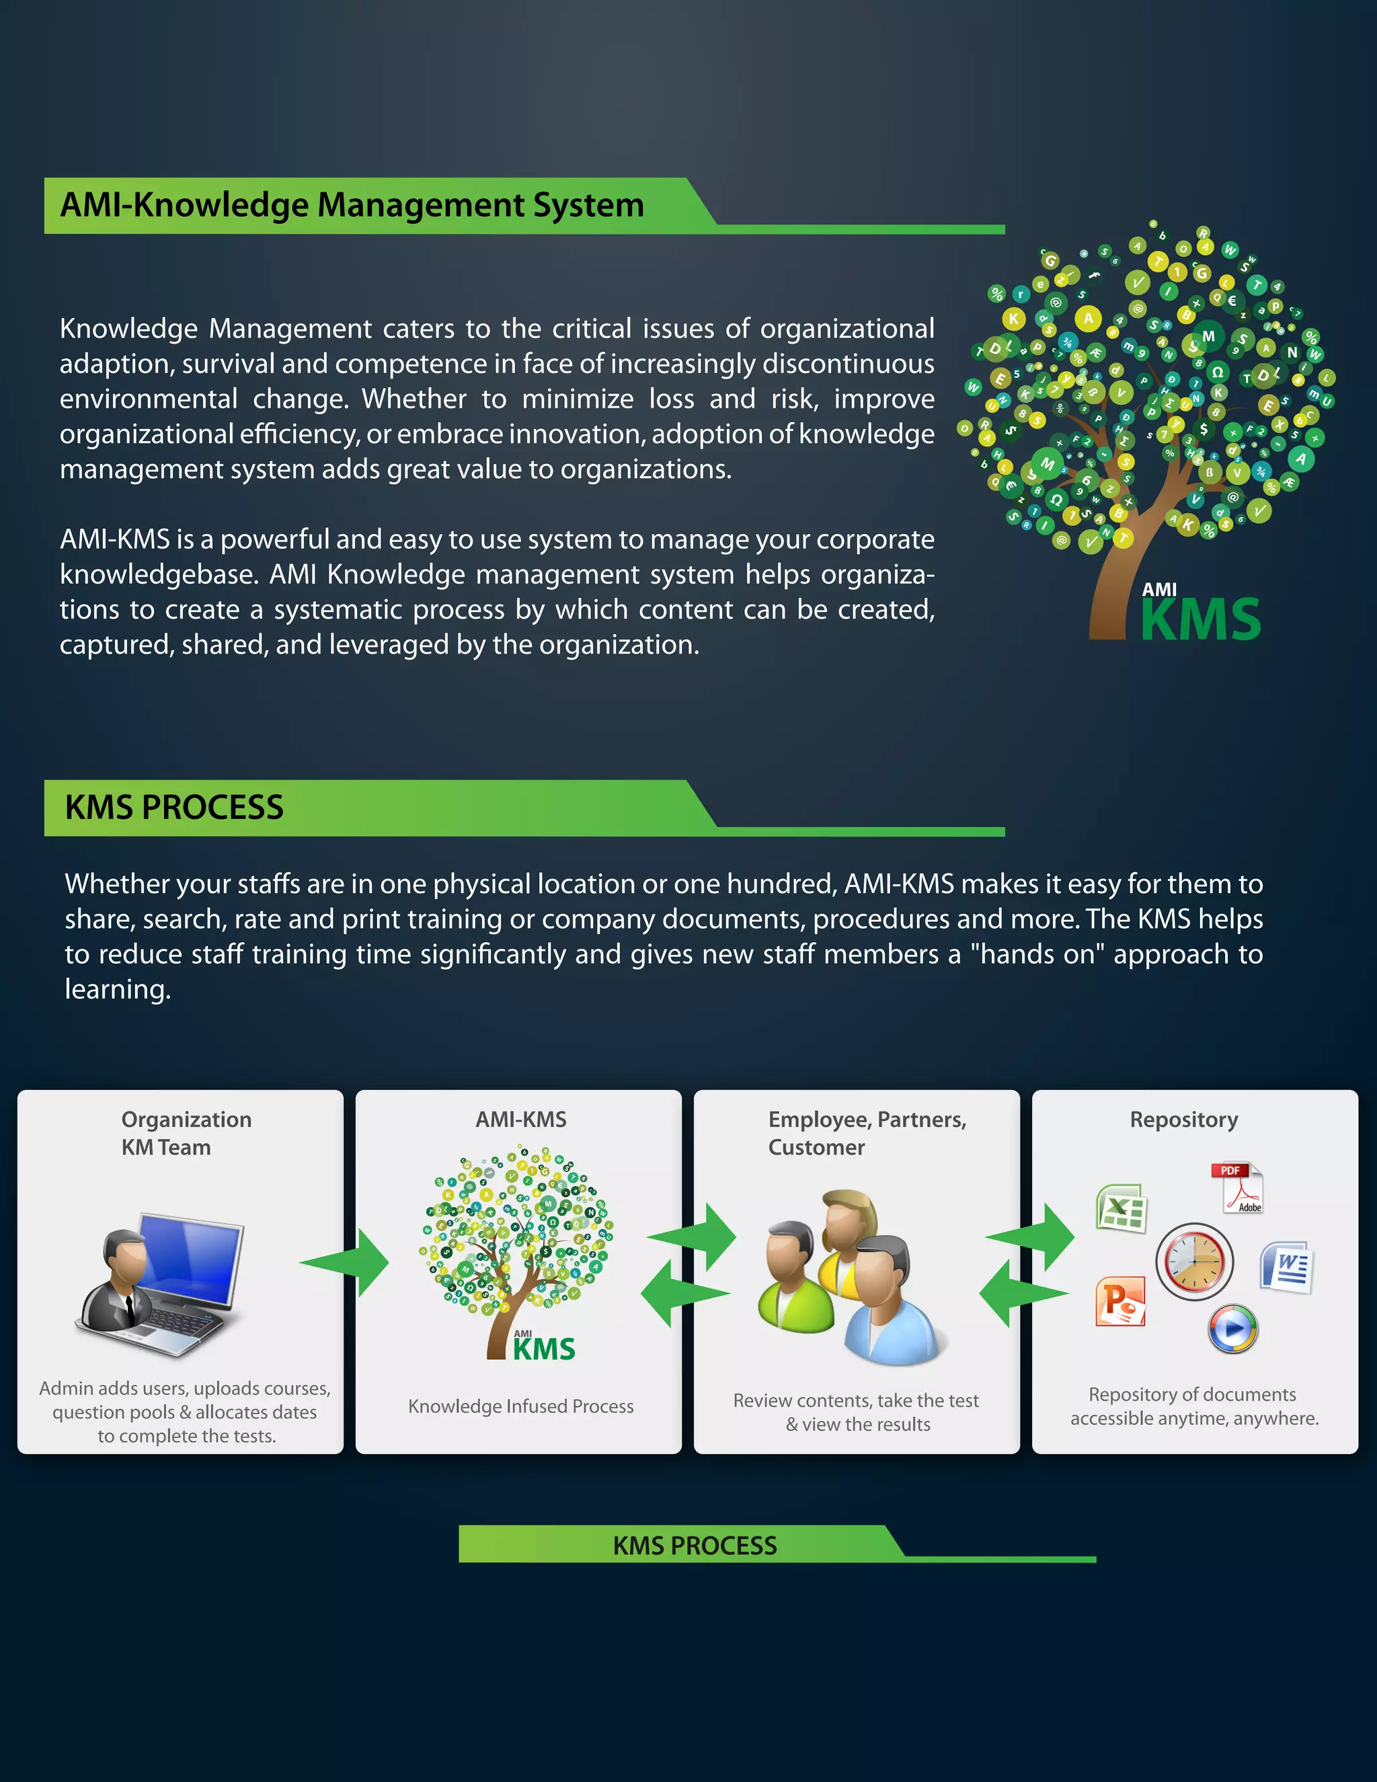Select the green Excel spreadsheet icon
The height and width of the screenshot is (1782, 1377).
coord(1122,1208)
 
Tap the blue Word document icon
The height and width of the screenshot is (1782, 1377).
coord(1286,1267)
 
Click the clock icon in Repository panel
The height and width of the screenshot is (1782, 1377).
coord(1194,1262)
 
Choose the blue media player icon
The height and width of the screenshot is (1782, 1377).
coord(1232,1328)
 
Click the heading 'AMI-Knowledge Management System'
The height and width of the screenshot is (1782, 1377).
coord(352,205)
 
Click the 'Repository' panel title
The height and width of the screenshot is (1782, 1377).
coord(1183,1120)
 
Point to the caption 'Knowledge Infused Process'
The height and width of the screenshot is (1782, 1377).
coord(520,1406)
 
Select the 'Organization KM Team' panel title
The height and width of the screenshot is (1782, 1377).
coord(186,1133)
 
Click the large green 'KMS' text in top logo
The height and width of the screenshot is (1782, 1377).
coord(1200,620)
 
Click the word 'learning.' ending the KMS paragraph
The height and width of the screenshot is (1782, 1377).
coord(118,989)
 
